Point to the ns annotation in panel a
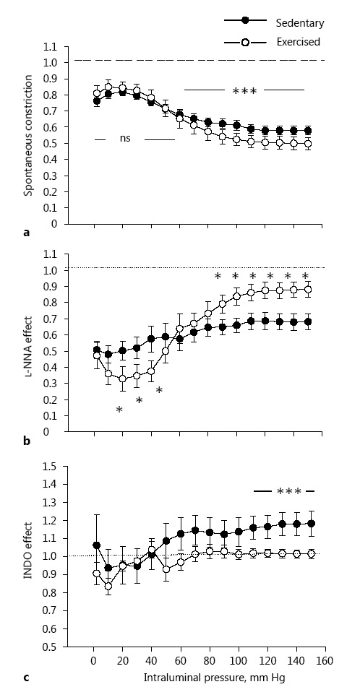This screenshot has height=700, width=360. (x=124, y=139)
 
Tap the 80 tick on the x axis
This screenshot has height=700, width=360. (x=209, y=662)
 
